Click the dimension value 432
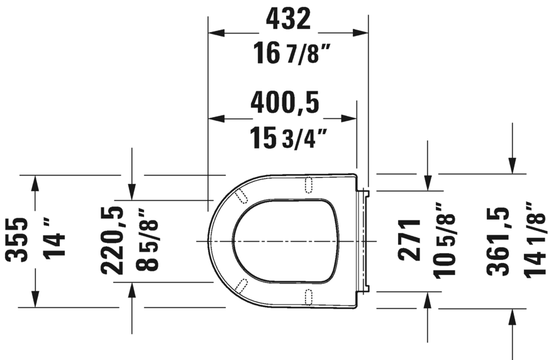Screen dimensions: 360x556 (x=288, y=19)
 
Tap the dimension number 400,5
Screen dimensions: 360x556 (x=284, y=103)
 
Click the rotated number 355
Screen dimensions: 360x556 (x=17, y=240)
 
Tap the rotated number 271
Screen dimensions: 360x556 (x=409, y=240)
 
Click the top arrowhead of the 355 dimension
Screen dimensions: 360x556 (x=35, y=182)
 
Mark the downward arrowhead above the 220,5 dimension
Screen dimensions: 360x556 (x=131, y=192)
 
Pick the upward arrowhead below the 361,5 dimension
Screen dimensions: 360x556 (x=513, y=316)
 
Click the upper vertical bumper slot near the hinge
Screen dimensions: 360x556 (x=308, y=184)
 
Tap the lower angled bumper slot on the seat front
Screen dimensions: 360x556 (x=240, y=286)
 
